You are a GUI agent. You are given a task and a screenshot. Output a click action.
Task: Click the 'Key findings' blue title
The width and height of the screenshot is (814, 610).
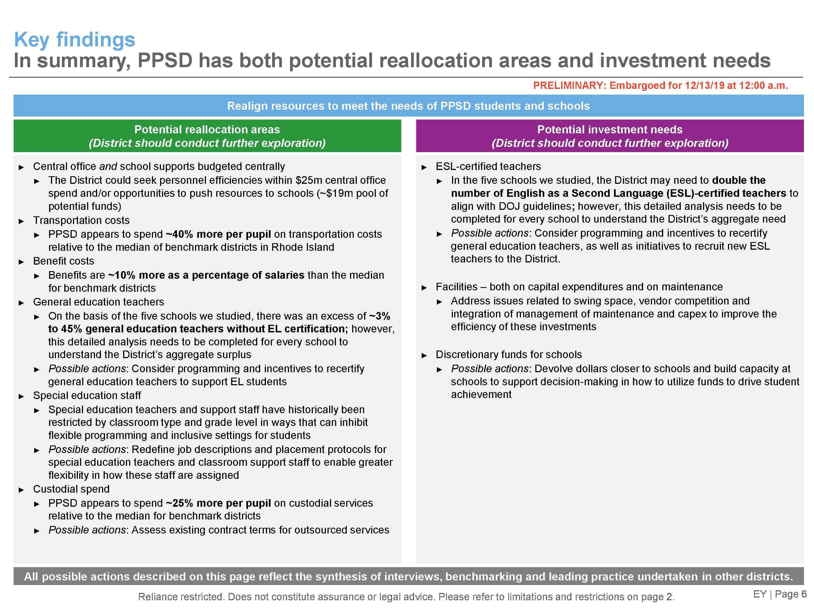coord(75,40)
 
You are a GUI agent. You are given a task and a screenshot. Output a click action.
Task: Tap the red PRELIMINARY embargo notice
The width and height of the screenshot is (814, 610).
coord(660,86)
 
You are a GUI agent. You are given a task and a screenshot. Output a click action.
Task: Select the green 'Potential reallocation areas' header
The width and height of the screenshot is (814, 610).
coord(207,136)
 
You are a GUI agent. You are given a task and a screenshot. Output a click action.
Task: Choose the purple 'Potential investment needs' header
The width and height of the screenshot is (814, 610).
coord(610,136)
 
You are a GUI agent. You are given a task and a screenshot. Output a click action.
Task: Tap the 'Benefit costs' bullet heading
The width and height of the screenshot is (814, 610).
coord(64,261)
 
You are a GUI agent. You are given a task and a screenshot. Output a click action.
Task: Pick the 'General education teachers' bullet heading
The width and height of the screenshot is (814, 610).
coord(98,302)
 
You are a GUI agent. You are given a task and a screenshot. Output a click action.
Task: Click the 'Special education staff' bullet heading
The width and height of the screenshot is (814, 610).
coord(87,396)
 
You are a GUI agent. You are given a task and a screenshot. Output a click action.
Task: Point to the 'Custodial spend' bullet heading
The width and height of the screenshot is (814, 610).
coord(71,489)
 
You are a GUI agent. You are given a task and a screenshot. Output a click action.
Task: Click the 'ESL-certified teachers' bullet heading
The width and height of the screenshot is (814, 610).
coord(488,166)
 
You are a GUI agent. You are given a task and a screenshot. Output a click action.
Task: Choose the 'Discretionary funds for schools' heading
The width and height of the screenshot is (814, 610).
coord(509,354)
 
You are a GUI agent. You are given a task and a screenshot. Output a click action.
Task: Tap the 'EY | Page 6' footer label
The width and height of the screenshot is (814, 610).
coord(780,594)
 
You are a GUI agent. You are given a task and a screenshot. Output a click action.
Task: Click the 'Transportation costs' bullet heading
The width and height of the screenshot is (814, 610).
coord(81,220)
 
